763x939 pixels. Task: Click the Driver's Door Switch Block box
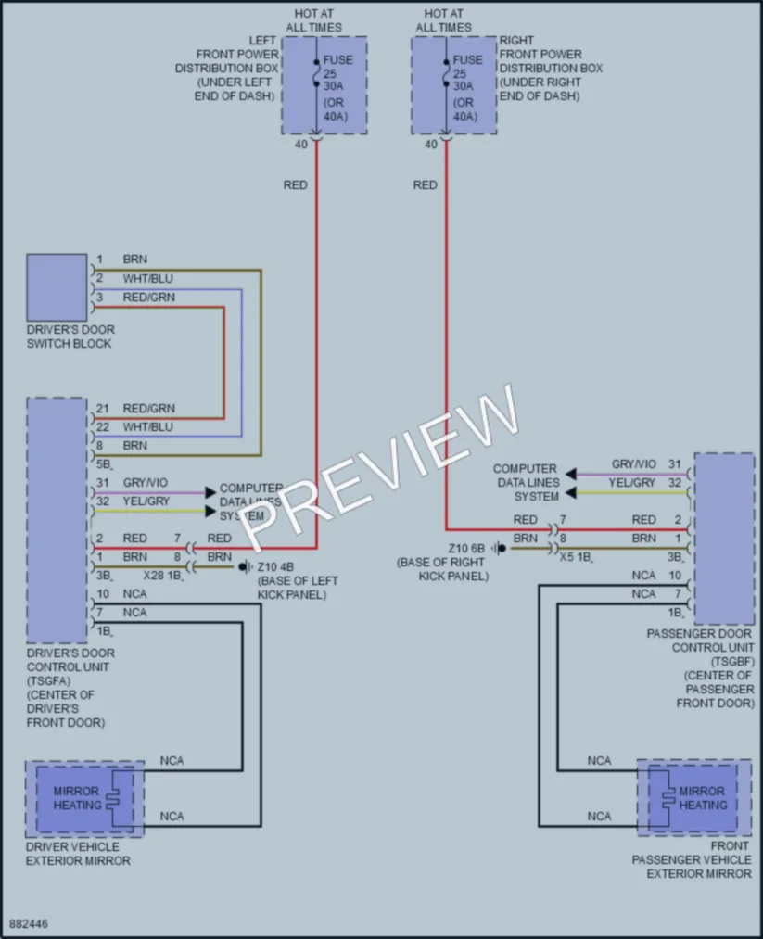click(x=57, y=287)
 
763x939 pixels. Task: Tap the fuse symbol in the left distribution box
click(x=317, y=72)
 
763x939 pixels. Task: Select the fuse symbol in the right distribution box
click(x=446, y=72)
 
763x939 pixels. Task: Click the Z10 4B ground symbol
click(x=246, y=566)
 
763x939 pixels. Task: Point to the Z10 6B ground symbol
click(x=498, y=548)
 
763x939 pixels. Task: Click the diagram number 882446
click(x=28, y=924)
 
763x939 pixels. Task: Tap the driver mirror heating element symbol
click(x=112, y=799)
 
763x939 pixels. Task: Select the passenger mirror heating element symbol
click(x=668, y=799)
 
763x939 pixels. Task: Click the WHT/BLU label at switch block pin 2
click(x=148, y=278)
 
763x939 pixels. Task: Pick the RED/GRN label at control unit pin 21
click(x=149, y=409)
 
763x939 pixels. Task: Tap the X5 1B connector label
click(x=576, y=557)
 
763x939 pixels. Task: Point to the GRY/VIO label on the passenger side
click(x=633, y=464)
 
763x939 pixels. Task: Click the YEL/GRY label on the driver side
click(x=146, y=501)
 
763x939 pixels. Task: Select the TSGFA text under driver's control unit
click(x=48, y=681)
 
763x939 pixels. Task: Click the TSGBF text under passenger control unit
click(x=732, y=662)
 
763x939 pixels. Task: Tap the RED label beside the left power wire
click(x=295, y=185)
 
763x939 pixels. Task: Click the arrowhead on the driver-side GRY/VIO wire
click(x=210, y=492)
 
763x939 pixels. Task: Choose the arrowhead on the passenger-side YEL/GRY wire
click(x=571, y=493)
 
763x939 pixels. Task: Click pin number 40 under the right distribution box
click(x=430, y=145)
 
